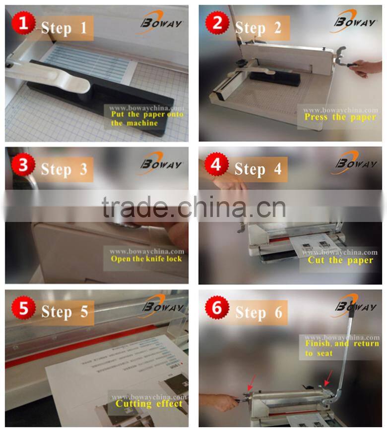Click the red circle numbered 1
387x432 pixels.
[23, 23]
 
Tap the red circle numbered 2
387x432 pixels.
[217, 23]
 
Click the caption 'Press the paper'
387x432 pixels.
[340, 117]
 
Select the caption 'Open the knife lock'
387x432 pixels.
[146, 259]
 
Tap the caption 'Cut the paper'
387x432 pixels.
[340, 260]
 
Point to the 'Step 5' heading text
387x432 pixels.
[64, 312]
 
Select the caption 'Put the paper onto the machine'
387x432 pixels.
[146, 118]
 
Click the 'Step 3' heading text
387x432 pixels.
[64, 169]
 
